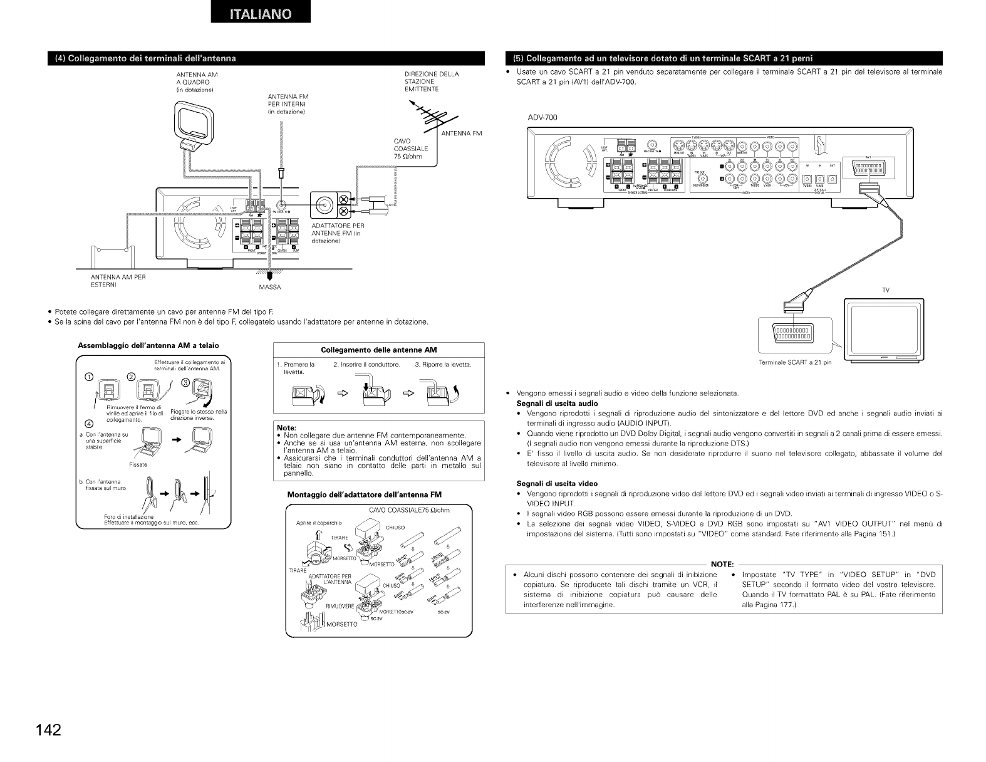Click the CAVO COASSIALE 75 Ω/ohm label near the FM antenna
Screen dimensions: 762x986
coord(411,149)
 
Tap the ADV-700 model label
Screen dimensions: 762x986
coord(542,117)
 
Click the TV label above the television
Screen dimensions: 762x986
coord(886,290)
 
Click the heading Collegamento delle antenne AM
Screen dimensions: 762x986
coord(379,350)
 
